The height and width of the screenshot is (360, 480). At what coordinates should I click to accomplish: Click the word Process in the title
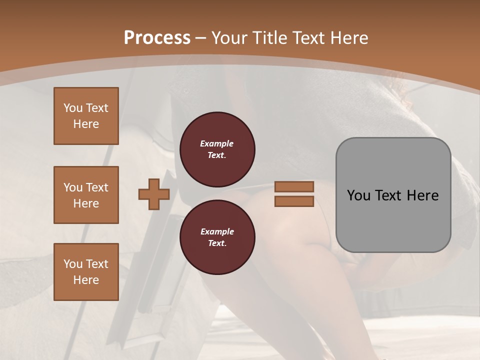pyautogui.click(x=157, y=38)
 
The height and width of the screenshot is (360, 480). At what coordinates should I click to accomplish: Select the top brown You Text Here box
pyautogui.click(x=86, y=116)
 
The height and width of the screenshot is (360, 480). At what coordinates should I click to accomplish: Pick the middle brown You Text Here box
pyautogui.click(x=86, y=195)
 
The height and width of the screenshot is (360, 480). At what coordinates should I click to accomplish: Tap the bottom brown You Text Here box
pyautogui.click(x=86, y=272)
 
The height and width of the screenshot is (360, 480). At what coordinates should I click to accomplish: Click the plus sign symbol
pyautogui.click(x=154, y=194)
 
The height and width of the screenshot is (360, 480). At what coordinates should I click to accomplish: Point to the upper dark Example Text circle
pyautogui.click(x=217, y=149)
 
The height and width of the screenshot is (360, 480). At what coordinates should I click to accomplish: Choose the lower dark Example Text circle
pyautogui.click(x=217, y=237)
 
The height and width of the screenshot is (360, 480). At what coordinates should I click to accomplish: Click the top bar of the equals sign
pyautogui.click(x=294, y=186)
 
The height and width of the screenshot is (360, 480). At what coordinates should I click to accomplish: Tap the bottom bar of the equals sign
pyautogui.click(x=294, y=201)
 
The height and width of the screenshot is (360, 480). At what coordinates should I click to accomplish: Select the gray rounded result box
pyautogui.click(x=393, y=195)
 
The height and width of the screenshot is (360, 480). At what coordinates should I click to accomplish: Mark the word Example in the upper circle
pyautogui.click(x=217, y=143)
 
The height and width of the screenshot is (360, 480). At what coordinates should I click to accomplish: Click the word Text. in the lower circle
pyautogui.click(x=217, y=243)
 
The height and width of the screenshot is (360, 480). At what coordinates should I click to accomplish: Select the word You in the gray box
pyautogui.click(x=359, y=195)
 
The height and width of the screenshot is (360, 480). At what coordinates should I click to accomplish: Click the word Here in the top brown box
pyautogui.click(x=86, y=124)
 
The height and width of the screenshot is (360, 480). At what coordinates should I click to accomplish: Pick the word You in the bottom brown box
pyautogui.click(x=73, y=264)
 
